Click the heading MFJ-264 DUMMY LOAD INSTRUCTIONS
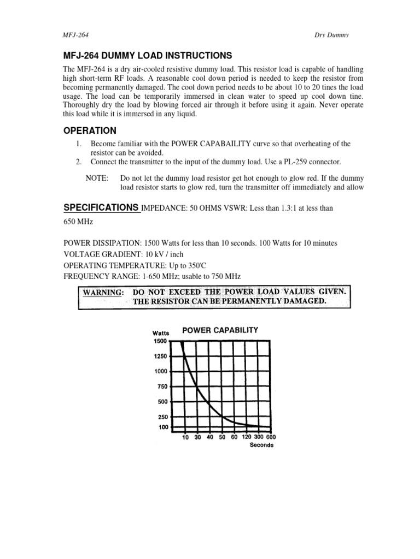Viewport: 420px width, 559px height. pos(148,56)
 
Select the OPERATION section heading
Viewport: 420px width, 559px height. pos(90,130)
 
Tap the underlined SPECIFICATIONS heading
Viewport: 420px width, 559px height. pos(101,207)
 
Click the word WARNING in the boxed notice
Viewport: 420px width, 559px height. pos(103,292)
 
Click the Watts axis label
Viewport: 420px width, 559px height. pos(161,333)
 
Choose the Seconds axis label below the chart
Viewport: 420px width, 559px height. pos(261,445)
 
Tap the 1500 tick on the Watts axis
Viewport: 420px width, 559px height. pos(160,341)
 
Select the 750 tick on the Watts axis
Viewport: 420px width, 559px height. pos(162,386)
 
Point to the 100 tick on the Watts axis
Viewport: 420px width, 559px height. pos(163,427)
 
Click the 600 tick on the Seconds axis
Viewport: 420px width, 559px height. pos(271,437)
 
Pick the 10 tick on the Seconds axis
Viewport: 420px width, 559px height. pos(185,437)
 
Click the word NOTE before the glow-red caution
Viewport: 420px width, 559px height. pos(97,179)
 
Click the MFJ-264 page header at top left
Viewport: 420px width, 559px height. pos(76,35)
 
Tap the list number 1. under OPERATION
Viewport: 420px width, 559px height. pos(79,144)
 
